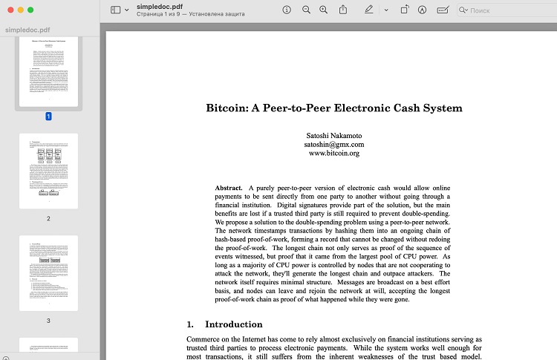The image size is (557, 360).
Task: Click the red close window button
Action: [9, 10]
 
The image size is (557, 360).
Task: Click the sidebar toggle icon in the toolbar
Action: [115, 10]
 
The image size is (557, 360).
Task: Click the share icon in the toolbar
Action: [343, 10]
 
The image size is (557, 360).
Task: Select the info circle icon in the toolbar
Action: [287, 10]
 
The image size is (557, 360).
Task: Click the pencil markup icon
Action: [369, 10]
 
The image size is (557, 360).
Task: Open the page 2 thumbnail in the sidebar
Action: [48, 171]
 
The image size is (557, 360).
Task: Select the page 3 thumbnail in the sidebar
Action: [48, 273]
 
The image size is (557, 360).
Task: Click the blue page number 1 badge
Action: [48, 117]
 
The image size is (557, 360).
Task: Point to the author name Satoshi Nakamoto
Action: [333, 135]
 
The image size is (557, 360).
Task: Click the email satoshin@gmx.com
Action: [333, 145]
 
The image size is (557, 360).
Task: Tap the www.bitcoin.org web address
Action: [333, 154]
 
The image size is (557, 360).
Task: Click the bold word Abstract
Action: [229, 189]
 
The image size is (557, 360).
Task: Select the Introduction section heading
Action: [233, 324]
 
